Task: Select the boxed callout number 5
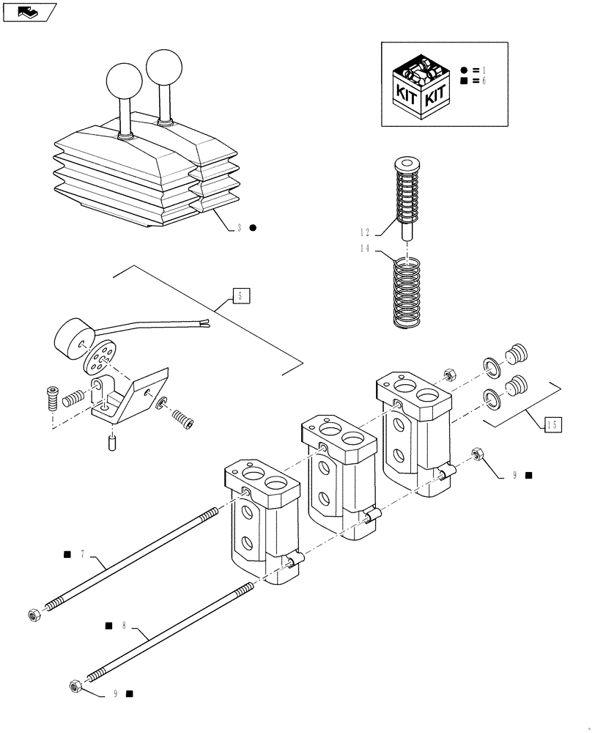coord(242,296)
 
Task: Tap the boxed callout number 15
coord(553,423)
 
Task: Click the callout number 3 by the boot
coord(239,228)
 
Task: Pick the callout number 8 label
coord(124,626)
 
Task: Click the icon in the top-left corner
coord(29,11)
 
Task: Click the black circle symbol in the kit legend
coord(464,70)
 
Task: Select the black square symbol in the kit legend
coord(464,81)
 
